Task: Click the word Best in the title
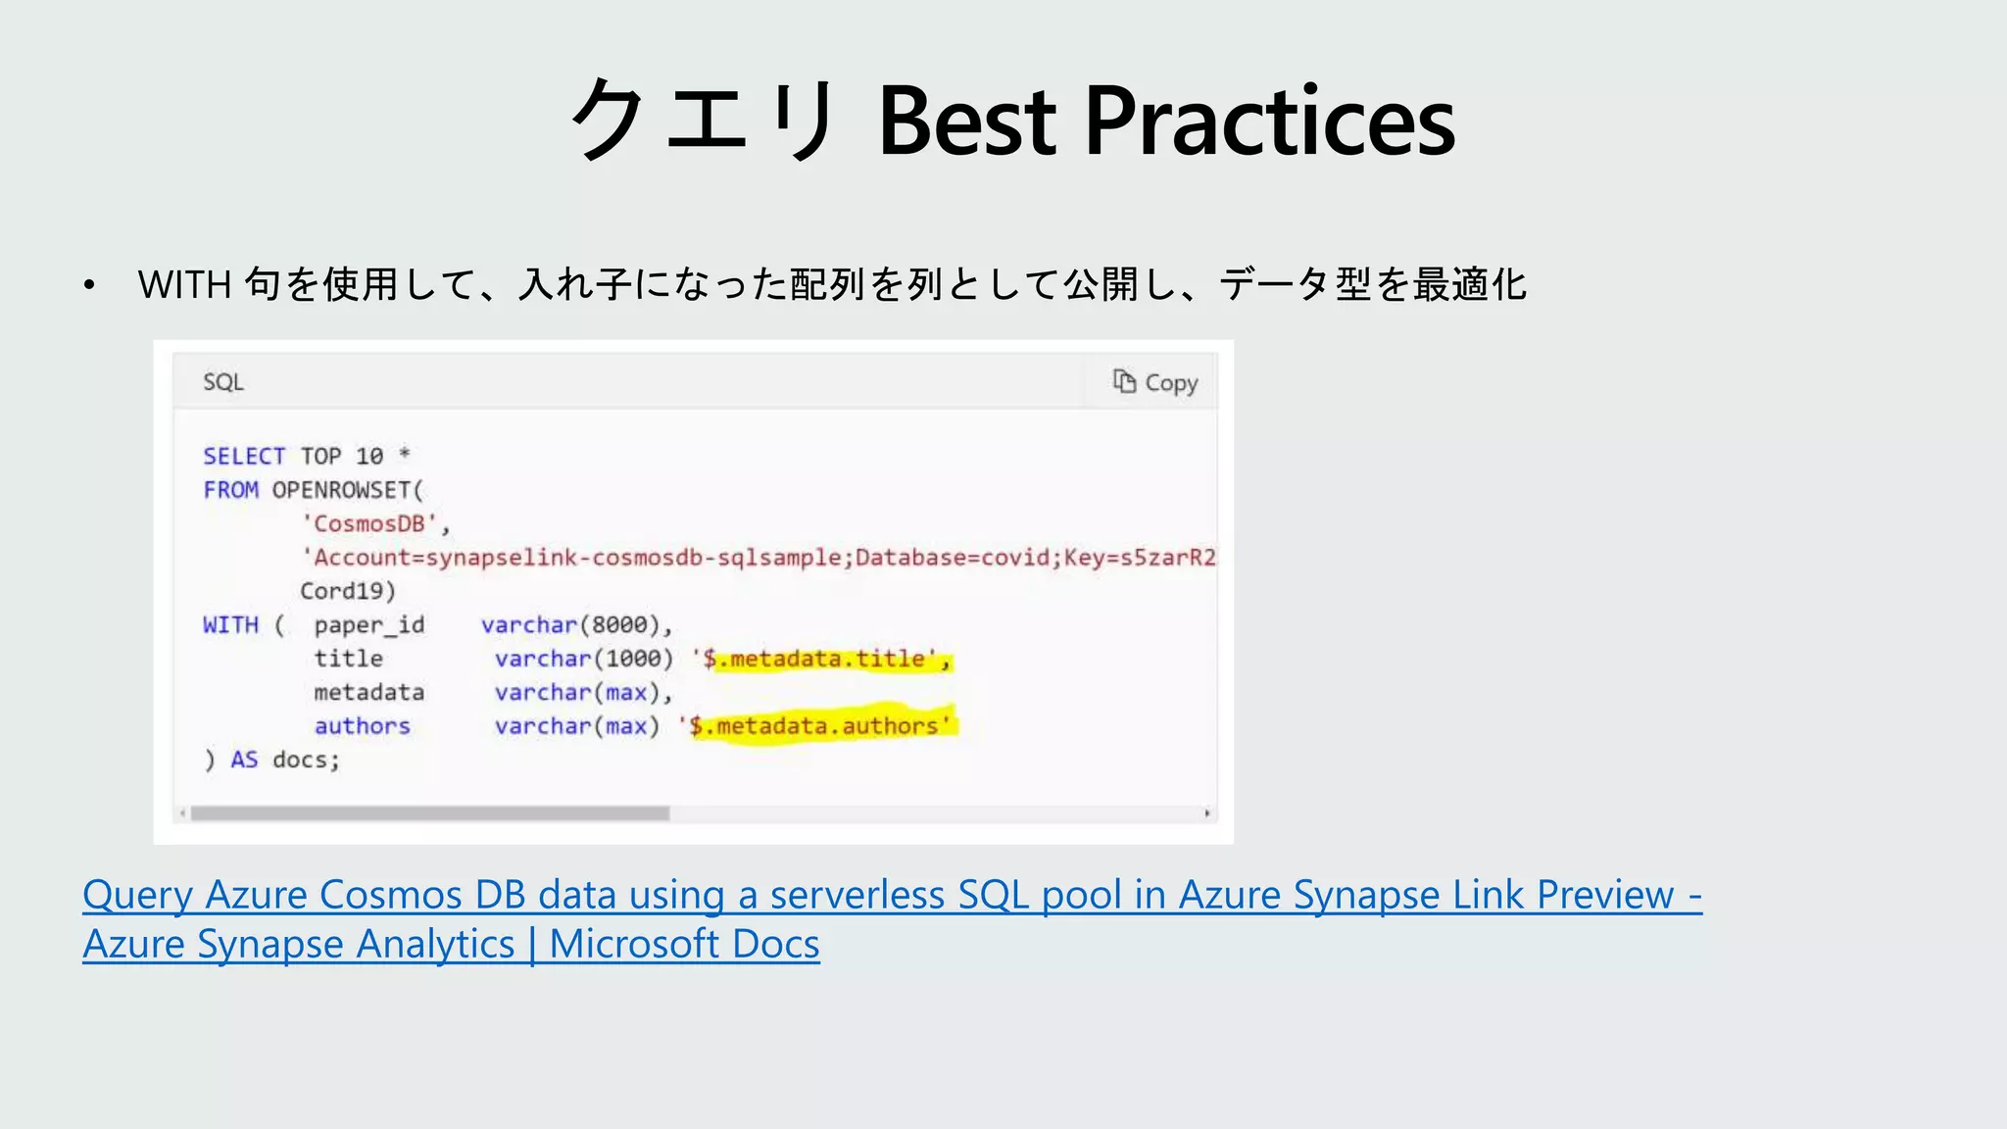967,122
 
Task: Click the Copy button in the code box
1155,382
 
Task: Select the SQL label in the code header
223,382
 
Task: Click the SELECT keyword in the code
244,457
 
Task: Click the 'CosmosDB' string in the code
369,524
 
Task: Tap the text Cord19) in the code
348,591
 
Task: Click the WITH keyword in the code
230,625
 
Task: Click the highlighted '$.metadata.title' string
820,660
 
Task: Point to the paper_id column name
369,625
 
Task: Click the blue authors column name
362,726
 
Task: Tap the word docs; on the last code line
306,761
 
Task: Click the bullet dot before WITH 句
89,285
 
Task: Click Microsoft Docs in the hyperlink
684,944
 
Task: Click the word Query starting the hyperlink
137,895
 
